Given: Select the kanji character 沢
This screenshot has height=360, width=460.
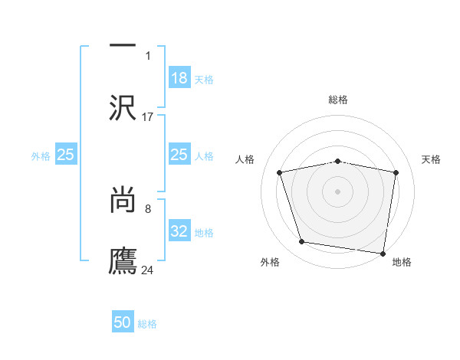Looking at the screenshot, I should [123, 107].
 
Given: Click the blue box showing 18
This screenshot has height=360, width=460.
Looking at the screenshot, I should [179, 78].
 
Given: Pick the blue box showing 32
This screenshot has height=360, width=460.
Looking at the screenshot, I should [179, 232].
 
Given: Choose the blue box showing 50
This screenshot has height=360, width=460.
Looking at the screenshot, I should [123, 323].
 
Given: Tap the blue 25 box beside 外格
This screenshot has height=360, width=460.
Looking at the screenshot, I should [66, 155].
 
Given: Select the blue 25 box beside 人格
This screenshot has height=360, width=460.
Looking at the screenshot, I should [179, 155].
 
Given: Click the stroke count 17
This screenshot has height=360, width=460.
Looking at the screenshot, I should [148, 116].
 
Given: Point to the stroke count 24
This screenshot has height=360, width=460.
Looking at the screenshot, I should [148, 270].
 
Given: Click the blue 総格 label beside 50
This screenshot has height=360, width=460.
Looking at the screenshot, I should [147, 324].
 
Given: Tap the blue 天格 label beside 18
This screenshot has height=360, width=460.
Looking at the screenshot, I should [204, 79].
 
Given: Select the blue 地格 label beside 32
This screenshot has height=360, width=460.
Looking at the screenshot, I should [204, 233].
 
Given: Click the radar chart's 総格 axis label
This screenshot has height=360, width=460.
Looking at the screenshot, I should [338, 100].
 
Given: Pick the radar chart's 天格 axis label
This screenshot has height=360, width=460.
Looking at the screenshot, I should [432, 159].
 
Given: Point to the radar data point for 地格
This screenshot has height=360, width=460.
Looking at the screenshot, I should [383, 253].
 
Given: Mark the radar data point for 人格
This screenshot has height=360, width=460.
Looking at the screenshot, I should [280, 172].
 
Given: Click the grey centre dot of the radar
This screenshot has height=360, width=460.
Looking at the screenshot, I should [338, 191].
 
